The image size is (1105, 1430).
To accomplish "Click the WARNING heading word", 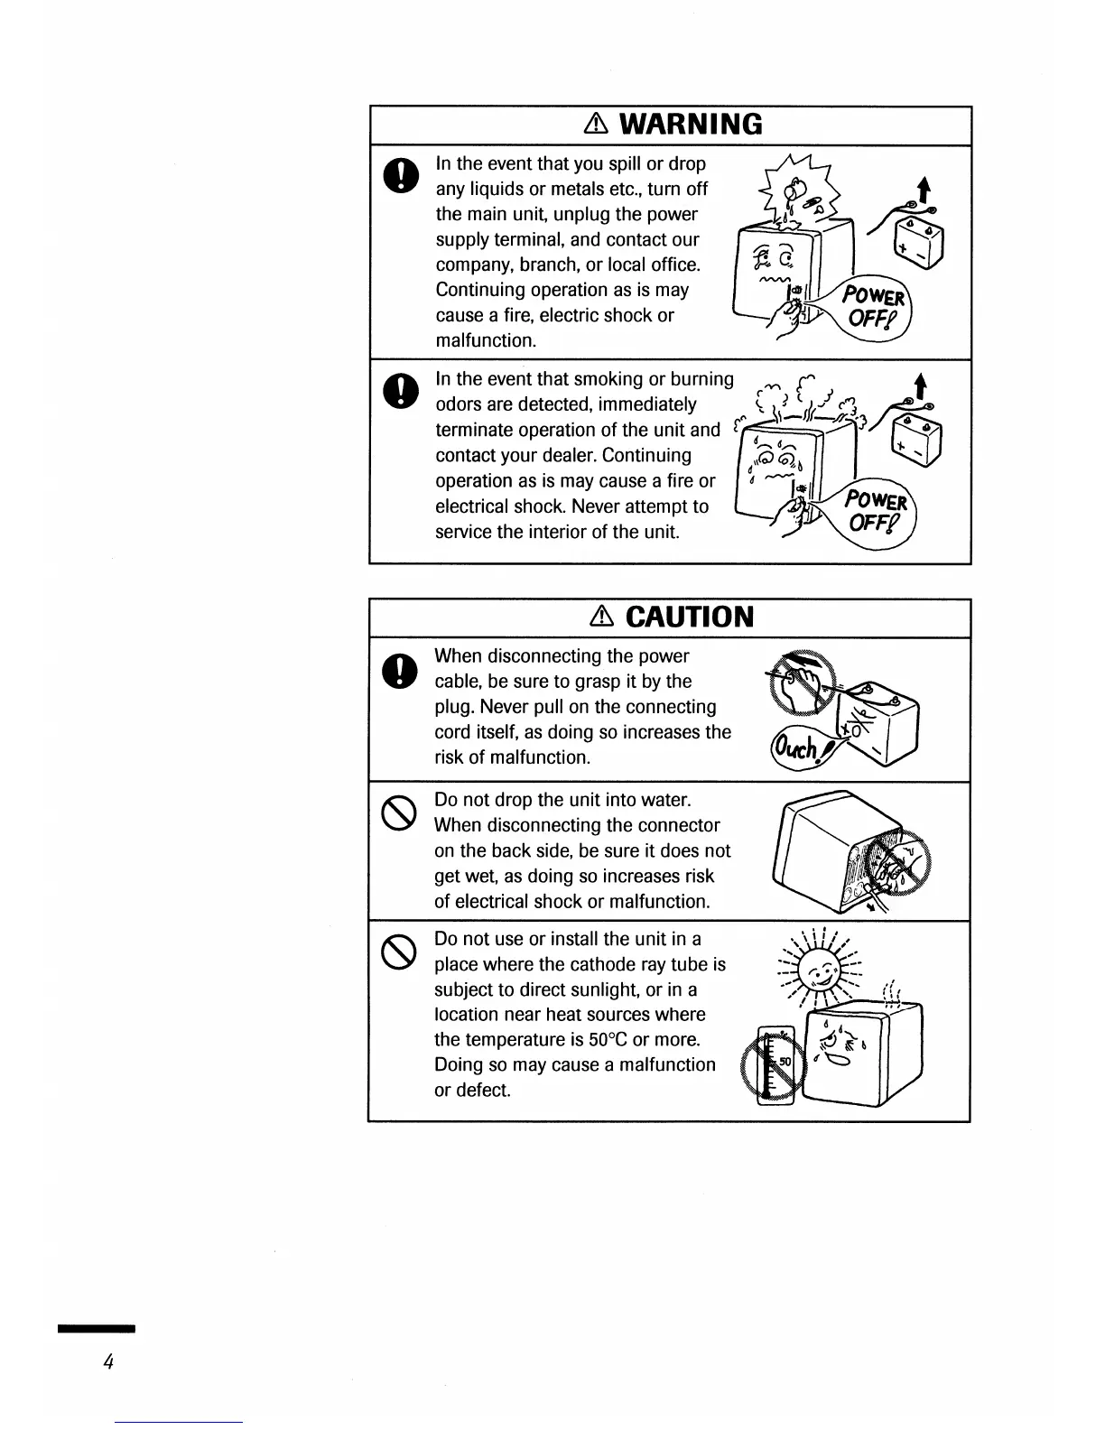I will click(x=691, y=124).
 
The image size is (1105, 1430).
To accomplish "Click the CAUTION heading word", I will click(x=689, y=617).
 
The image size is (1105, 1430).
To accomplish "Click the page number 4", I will click(x=107, y=1363).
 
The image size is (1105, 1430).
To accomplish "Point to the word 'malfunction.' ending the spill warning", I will click(x=486, y=341).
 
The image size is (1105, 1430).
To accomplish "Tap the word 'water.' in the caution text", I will click(x=666, y=800).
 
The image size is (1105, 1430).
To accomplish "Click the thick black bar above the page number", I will click(x=96, y=1329).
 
